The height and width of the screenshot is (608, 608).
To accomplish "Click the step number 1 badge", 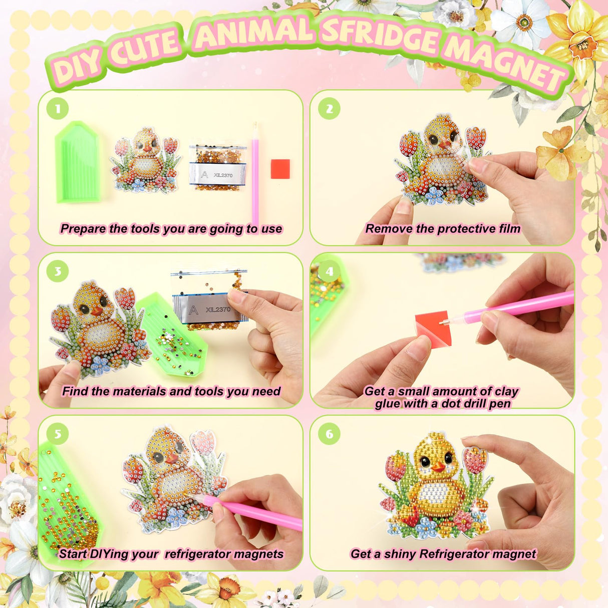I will (x=58, y=109).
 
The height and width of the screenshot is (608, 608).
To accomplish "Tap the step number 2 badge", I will (x=329, y=109).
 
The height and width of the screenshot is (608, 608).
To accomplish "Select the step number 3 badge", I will (x=58, y=271).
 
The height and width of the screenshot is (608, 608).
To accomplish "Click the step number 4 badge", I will (x=329, y=271).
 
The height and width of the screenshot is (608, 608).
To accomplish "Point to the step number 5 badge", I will (x=58, y=434).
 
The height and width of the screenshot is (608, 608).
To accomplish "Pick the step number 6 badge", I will (x=329, y=434).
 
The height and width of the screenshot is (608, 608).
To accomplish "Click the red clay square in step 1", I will (x=280, y=169).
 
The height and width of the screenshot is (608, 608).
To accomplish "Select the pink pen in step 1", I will (x=255, y=173).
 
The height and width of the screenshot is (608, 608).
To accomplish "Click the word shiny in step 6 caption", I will (x=400, y=554).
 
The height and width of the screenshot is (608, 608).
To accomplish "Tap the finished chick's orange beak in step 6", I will (x=438, y=468).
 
